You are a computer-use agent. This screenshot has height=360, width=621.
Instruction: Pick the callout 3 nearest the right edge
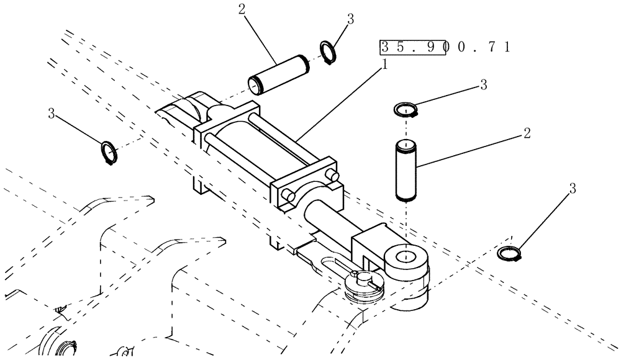click(573, 190)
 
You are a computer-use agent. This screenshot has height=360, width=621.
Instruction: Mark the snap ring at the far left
click(109, 151)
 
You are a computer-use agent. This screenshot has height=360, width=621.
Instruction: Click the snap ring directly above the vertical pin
click(407, 110)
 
